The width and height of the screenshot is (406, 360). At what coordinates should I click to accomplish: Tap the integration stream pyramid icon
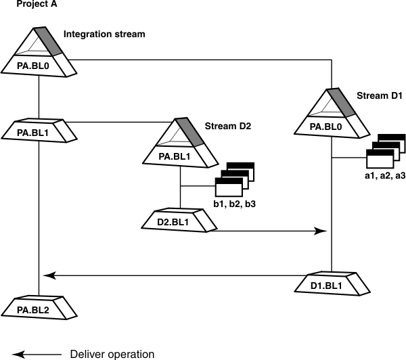41,44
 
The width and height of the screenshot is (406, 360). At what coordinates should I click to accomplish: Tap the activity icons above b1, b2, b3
233,179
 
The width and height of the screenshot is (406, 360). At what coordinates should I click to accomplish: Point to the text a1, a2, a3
384,176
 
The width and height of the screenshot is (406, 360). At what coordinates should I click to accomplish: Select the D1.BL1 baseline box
332,284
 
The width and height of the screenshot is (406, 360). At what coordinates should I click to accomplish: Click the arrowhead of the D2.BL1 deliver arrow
321,231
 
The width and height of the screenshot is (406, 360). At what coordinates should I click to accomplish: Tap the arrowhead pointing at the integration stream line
47,275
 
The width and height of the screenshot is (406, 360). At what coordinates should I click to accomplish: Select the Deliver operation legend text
112,353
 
